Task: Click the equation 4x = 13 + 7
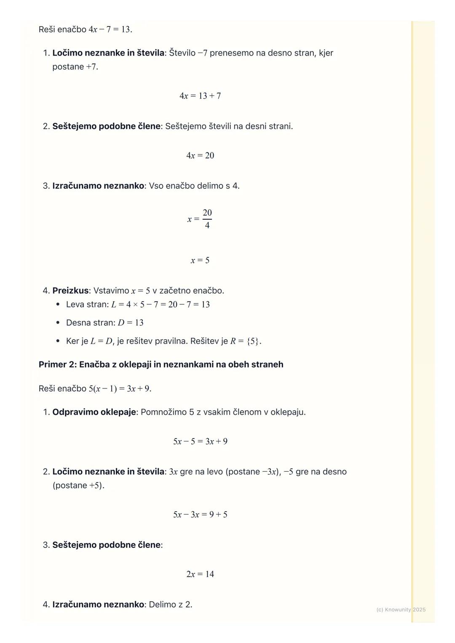[x=200, y=96]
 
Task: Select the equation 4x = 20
[x=200, y=156]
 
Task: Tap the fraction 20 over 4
[x=207, y=219]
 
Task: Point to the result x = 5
[x=200, y=260]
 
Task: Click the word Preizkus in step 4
[x=70, y=291]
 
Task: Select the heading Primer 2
[x=161, y=364]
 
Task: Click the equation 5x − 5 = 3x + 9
[x=200, y=441]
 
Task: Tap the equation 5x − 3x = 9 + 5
[x=200, y=515]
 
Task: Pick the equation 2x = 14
[x=200, y=574]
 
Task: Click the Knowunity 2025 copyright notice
[x=401, y=610]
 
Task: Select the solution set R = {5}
[x=245, y=341]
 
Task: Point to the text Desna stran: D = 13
[x=104, y=323]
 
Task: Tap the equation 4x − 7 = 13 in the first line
[x=110, y=29]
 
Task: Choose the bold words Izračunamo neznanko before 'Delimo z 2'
[x=98, y=605]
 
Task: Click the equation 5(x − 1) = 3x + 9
[x=120, y=389]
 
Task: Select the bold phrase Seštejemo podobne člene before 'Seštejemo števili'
[x=106, y=126]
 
